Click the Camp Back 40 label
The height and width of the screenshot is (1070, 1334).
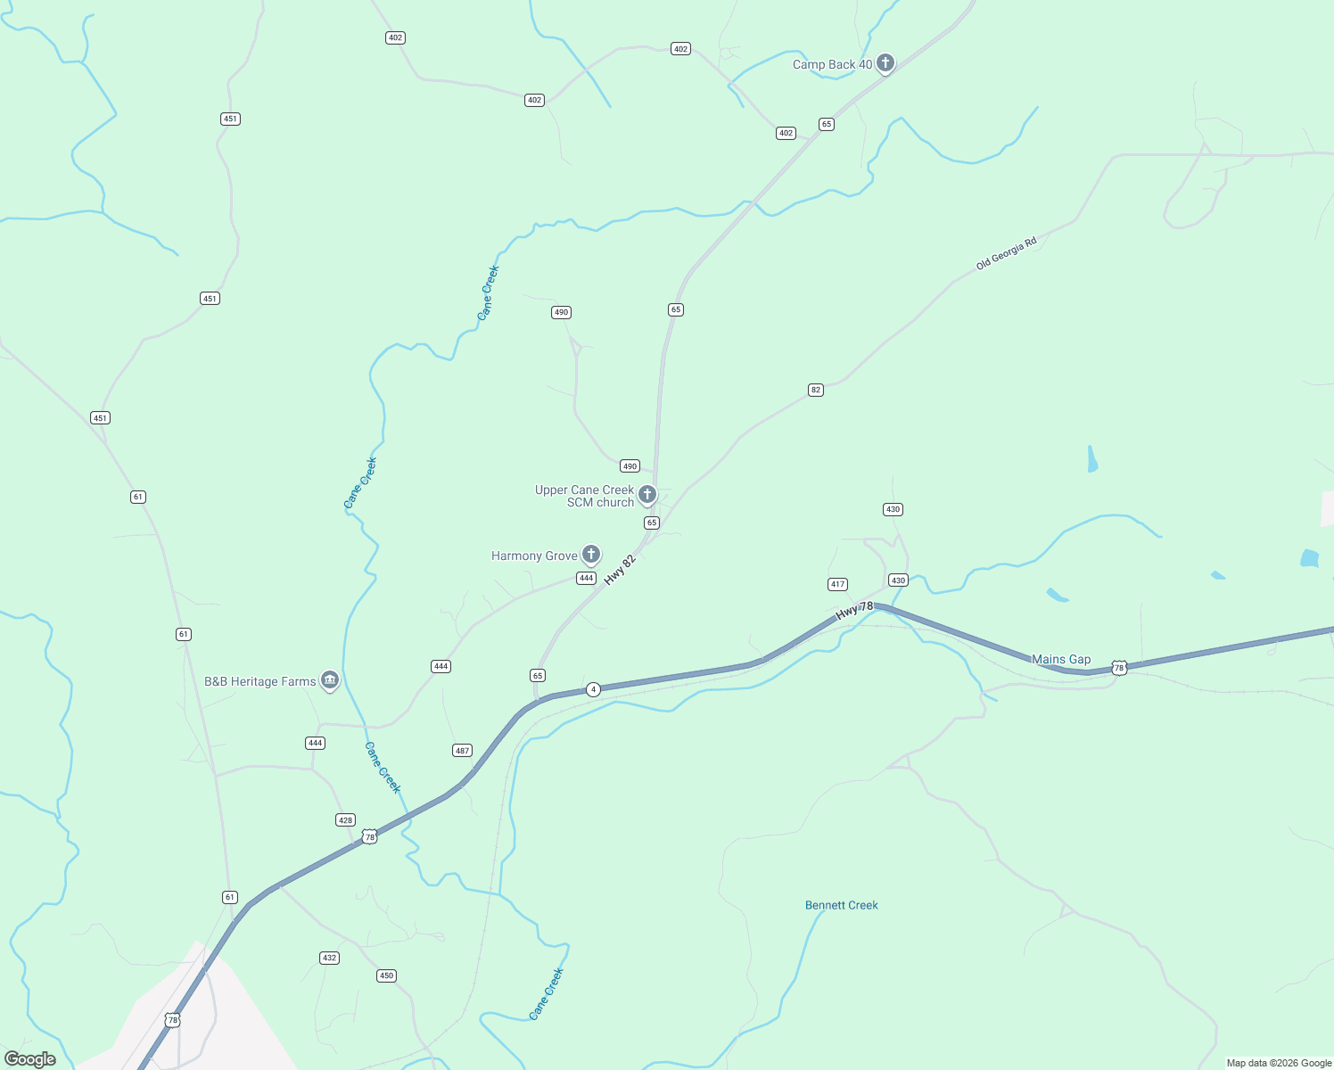point(832,65)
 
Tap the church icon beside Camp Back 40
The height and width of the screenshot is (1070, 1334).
point(885,62)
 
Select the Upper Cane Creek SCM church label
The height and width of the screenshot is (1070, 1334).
point(584,497)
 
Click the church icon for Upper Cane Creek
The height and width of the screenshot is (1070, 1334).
point(647,494)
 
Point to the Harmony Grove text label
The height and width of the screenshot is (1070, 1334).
point(534,556)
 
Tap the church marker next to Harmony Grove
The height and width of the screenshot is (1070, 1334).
point(590,555)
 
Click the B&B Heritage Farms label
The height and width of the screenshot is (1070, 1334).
point(259,682)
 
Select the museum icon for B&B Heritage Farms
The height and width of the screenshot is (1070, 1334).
point(330,680)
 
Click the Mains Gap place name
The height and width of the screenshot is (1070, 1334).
point(1061,660)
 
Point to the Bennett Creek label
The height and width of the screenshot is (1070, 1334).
point(841,906)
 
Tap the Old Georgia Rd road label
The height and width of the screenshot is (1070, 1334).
point(1006,254)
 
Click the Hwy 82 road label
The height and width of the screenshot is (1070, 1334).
point(620,571)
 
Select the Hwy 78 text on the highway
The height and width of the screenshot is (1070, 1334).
point(854,611)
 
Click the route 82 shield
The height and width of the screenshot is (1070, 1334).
point(815,390)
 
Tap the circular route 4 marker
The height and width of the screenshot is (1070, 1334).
point(593,689)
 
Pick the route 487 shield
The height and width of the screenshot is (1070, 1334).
point(462,751)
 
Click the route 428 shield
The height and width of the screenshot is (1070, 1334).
point(345,820)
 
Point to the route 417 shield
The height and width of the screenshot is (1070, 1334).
point(836,585)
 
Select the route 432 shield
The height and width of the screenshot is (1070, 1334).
point(329,958)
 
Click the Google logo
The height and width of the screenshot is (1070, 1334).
point(30,1059)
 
